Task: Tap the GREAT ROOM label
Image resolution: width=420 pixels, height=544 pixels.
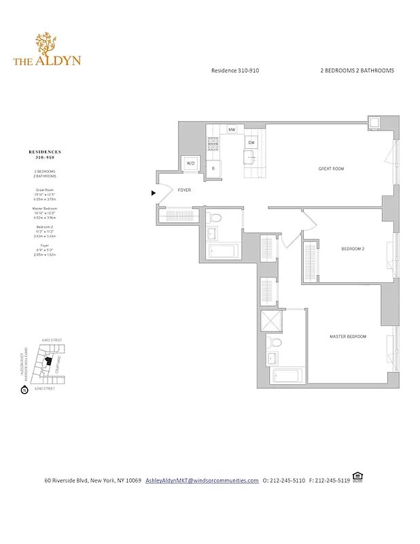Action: tap(332, 168)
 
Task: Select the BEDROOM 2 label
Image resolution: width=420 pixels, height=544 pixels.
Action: tap(353, 249)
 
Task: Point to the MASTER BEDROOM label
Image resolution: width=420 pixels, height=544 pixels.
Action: tap(347, 337)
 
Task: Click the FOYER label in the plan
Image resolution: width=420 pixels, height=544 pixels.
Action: tap(184, 191)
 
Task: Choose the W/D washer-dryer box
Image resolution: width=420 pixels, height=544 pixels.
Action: tap(191, 164)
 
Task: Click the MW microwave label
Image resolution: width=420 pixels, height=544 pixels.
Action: tap(232, 129)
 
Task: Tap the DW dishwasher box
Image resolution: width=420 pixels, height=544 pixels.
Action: tap(251, 143)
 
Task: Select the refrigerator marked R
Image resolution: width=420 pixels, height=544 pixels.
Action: tap(213, 168)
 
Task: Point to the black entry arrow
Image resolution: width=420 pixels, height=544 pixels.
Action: tap(154, 193)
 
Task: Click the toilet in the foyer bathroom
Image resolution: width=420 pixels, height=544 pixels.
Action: tap(216, 218)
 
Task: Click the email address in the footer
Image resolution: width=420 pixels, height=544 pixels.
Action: tap(202, 480)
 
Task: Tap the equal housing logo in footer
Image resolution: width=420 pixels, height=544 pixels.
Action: tap(357, 477)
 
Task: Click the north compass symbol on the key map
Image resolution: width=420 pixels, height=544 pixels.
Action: tap(24, 390)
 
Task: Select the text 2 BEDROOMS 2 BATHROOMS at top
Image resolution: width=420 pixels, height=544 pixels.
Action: tap(357, 70)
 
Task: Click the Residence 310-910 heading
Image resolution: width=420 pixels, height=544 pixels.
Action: tap(234, 70)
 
